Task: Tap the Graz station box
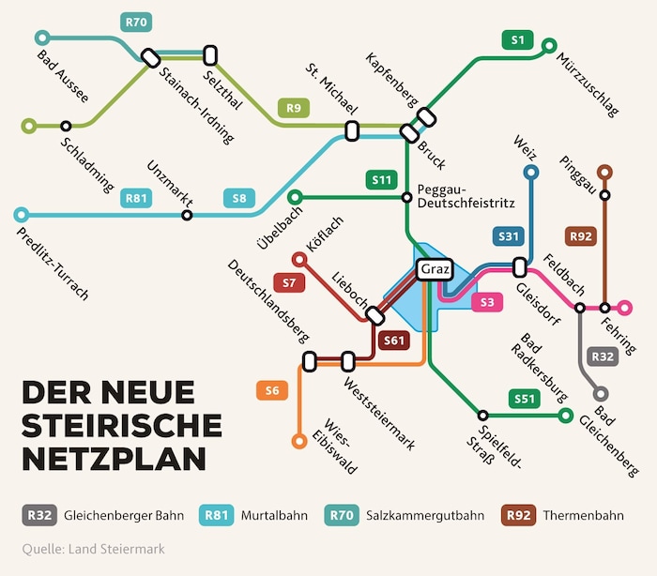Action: pos(434,269)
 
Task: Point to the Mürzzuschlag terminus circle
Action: pos(549,44)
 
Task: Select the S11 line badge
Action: pos(381,179)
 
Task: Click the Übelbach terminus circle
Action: pos(295,197)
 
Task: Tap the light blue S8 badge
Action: pos(239,198)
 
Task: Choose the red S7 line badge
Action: pos(289,281)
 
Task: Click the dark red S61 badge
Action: pos(394,341)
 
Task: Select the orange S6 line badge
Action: pos(272,390)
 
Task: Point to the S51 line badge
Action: pos(525,399)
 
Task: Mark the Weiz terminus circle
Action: pos(531,173)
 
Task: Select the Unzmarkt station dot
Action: pos(187,216)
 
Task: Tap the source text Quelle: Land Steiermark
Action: pos(93,549)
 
